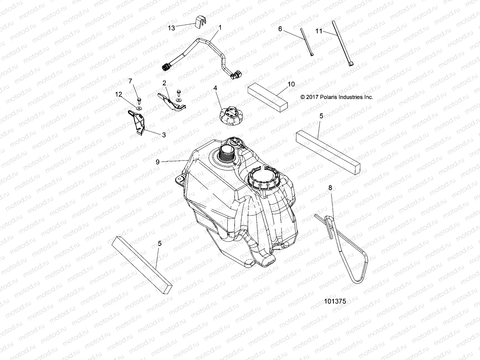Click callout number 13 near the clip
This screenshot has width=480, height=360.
click(171, 28)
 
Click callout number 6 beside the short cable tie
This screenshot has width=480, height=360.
click(280, 29)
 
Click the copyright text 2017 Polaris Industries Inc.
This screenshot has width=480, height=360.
click(337, 97)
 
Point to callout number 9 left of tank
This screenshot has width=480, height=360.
click(157, 162)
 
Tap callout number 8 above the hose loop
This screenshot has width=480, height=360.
click(330, 188)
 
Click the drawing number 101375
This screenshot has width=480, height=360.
click(335, 301)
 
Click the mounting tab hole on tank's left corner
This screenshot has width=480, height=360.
click(180, 179)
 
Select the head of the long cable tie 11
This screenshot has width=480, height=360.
click(351, 63)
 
